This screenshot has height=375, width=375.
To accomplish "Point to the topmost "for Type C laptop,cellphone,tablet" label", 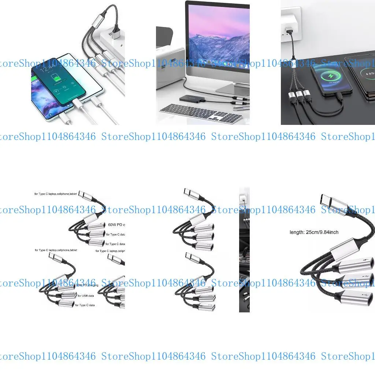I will tap(56, 193).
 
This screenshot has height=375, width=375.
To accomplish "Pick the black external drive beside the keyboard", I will tap(190, 99).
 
